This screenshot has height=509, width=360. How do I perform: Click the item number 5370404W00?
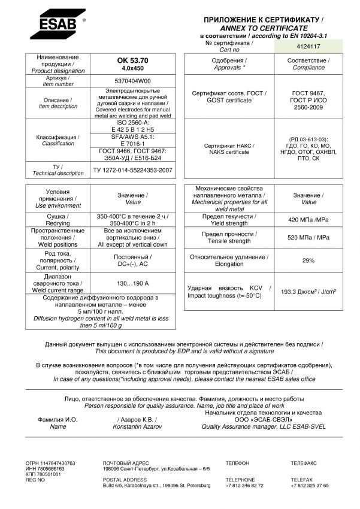click(133, 80)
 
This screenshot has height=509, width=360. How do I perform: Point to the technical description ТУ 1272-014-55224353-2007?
click(133, 170)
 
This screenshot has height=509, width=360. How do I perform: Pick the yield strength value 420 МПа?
click(308, 220)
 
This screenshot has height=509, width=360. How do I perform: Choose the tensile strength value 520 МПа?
click(308, 238)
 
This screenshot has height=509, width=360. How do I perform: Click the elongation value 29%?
click(308, 260)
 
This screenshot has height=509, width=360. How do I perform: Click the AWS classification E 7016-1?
click(133, 144)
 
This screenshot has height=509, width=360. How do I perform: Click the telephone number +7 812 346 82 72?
click(244, 486)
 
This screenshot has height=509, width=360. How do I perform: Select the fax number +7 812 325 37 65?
click(310, 486)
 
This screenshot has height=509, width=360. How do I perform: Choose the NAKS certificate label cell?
click(229, 149)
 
